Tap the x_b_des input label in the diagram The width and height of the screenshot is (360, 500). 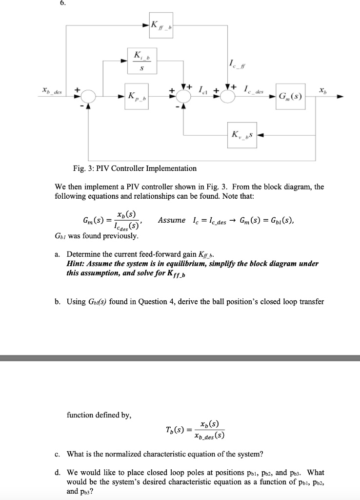point(50,91)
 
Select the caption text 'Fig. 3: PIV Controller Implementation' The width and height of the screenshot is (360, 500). point(132,168)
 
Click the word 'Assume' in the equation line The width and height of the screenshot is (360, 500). point(172,220)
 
